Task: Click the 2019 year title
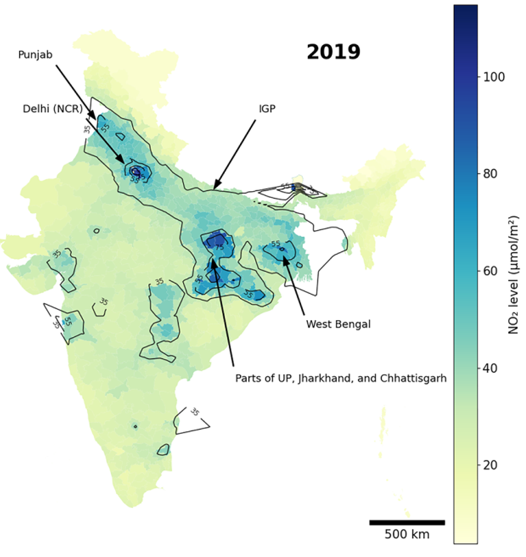click(x=333, y=53)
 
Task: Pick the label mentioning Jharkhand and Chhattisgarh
click(x=341, y=378)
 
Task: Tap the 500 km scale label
click(x=407, y=534)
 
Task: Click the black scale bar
click(x=407, y=522)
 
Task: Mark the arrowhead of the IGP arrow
click(x=215, y=187)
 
